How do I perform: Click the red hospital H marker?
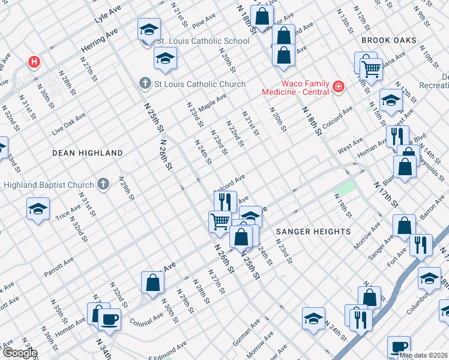34,62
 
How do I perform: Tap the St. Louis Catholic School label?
202,41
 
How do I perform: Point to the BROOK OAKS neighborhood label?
388,40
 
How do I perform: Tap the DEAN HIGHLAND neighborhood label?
87,153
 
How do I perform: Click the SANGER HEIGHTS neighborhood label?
313,231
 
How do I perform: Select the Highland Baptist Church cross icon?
103,184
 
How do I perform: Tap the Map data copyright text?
423,355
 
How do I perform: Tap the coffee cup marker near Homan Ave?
109,319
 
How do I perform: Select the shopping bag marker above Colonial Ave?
152,283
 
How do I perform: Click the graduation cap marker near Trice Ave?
38,209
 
